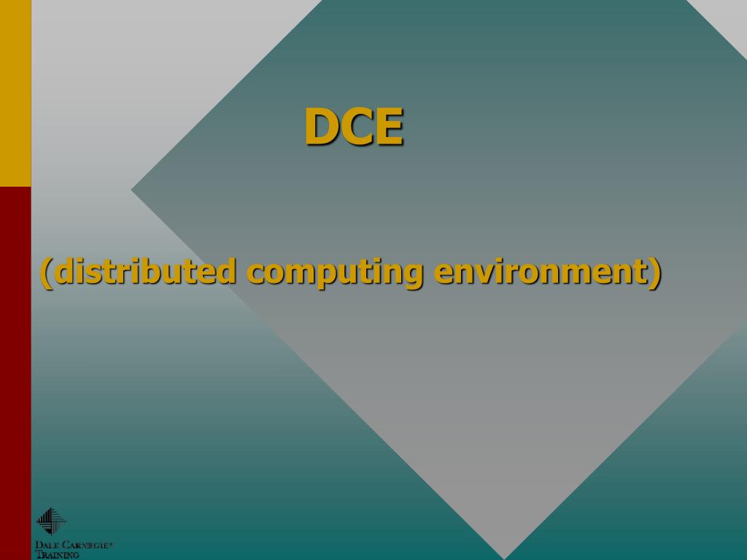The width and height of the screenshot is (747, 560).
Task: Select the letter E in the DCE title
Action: coord(387,126)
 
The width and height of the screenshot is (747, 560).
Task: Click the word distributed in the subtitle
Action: coord(145,271)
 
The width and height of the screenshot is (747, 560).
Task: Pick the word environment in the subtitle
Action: coord(541,271)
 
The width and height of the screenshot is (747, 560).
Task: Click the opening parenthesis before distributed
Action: coord(45,273)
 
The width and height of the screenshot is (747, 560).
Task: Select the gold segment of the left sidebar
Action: coord(15,93)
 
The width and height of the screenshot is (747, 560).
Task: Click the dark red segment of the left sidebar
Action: coord(15,372)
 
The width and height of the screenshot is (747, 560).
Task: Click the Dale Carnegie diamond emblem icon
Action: coord(50,521)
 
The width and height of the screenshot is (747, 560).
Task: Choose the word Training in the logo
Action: coord(58,555)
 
